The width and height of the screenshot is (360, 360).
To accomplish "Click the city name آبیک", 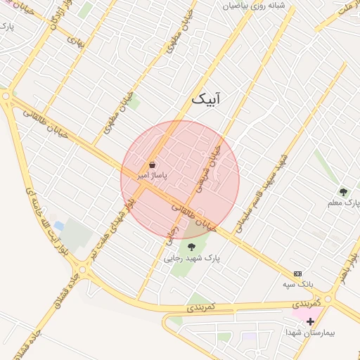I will click(x=205, y=99).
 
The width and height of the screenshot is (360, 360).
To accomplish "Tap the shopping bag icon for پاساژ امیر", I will click(x=153, y=165).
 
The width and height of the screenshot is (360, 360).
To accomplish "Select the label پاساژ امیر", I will click(x=152, y=176).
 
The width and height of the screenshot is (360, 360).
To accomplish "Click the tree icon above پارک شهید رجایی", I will click(x=191, y=246).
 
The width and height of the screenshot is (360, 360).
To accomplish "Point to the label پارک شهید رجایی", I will click(x=192, y=258).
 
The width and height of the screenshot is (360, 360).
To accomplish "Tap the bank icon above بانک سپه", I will click(x=297, y=273).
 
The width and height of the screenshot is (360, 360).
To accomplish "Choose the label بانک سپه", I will click(x=297, y=284).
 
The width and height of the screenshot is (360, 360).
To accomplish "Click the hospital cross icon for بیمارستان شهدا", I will click(x=310, y=321).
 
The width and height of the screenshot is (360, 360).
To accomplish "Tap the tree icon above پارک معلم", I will click(x=343, y=191).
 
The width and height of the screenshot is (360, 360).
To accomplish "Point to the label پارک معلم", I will click(x=343, y=203).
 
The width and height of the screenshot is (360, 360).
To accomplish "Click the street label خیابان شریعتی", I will click(x=208, y=166).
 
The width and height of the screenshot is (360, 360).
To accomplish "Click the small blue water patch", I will click(x=59, y=226).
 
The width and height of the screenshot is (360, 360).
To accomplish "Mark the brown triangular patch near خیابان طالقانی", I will click(x=193, y=229).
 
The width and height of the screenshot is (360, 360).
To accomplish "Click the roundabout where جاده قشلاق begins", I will click(x=84, y=269).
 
